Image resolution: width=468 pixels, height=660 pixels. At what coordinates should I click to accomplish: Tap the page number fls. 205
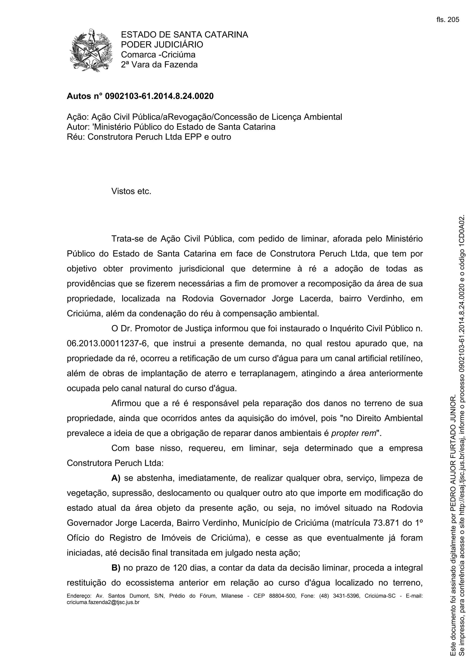pyautogui.click(x=447, y=20)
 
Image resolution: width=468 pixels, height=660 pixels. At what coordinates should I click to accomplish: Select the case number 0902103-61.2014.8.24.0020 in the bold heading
pyautogui.click(x=159, y=96)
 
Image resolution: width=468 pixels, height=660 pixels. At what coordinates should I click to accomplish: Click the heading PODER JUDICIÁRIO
pyautogui.click(x=162, y=44)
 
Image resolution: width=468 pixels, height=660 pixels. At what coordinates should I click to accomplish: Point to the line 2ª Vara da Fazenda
pyautogui.click(x=159, y=65)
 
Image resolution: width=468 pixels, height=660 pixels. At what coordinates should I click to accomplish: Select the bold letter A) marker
pyautogui.click(x=116, y=478)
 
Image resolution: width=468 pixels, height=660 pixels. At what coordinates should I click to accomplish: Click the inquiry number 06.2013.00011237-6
pyautogui.click(x=107, y=344)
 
